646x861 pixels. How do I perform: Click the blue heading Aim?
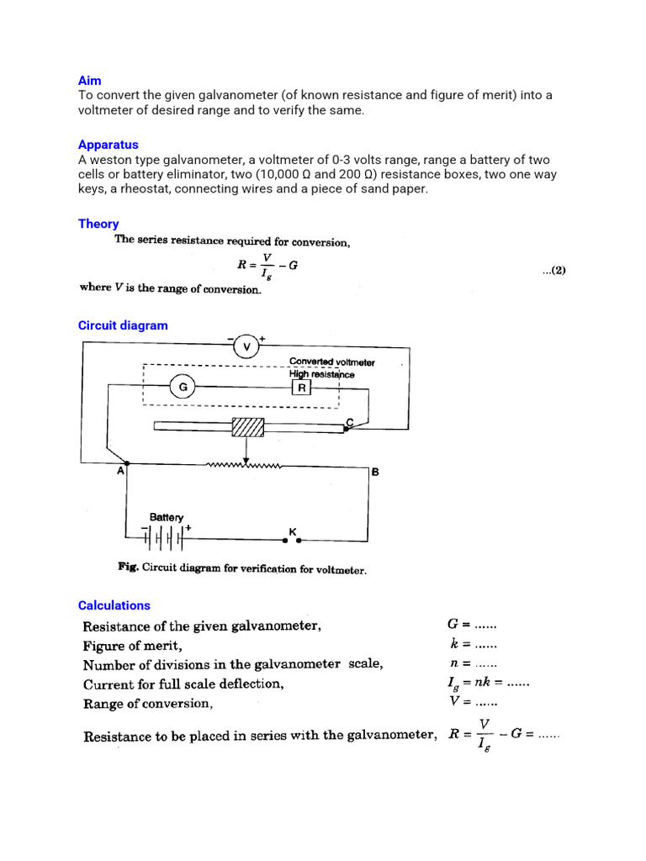(89, 81)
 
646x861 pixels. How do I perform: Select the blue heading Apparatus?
(108, 145)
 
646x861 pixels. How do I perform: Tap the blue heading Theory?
(98, 224)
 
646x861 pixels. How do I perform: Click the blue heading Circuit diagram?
(123, 325)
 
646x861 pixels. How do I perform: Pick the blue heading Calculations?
(114, 605)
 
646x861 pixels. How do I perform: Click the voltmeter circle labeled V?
(246, 346)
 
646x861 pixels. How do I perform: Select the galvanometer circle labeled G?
(183, 388)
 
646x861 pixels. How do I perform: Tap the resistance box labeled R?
(302, 388)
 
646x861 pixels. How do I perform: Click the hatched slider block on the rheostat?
(247, 427)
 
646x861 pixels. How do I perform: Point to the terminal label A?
(120, 473)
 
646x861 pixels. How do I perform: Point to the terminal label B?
(375, 473)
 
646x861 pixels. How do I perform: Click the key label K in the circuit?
(292, 531)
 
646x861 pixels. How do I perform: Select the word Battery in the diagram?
(167, 517)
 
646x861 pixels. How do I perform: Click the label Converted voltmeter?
(331, 362)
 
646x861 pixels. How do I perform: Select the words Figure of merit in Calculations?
(130, 646)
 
